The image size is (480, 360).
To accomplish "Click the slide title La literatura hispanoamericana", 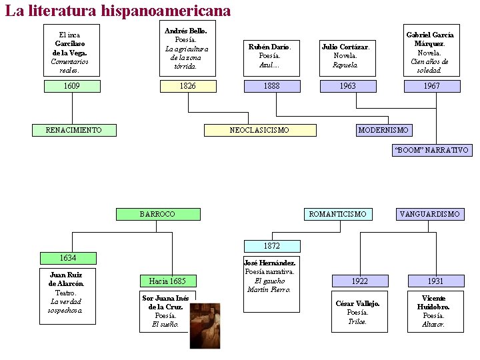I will (x=118, y=11).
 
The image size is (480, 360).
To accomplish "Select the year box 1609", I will (x=72, y=86).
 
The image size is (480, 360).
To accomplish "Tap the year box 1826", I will (x=188, y=86).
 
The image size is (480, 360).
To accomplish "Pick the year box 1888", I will (x=271, y=86).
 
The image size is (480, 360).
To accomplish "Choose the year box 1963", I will (x=348, y=86).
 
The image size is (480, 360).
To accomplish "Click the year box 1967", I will (x=432, y=86).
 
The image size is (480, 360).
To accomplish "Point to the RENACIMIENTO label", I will (x=74, y=130).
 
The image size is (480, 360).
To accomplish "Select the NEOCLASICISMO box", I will (x=259, y=130).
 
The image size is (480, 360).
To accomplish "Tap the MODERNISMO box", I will (x=383, y=130).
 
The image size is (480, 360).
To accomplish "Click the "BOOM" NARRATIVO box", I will (x=431, y=150).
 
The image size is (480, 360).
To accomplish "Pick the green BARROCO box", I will (x=157, y=214).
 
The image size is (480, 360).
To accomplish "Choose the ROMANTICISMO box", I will (x=338, y=214).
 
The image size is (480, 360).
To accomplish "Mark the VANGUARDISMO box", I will (x=430, y=214).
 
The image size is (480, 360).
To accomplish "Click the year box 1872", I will (x=271, y=246).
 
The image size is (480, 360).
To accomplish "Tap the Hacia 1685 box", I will (x=167, y=281).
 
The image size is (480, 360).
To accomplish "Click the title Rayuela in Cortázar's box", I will (x=345, y=65).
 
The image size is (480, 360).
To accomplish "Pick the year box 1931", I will (x=435, y=281).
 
